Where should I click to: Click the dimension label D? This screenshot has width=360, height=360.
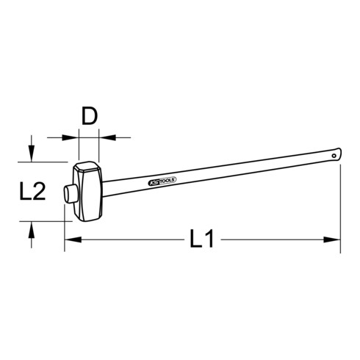[89, 117]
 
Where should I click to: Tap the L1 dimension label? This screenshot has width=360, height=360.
[201, 239]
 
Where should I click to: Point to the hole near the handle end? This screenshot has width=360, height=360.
[334, 156]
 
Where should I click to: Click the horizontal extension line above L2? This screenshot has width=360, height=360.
[51, 162]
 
